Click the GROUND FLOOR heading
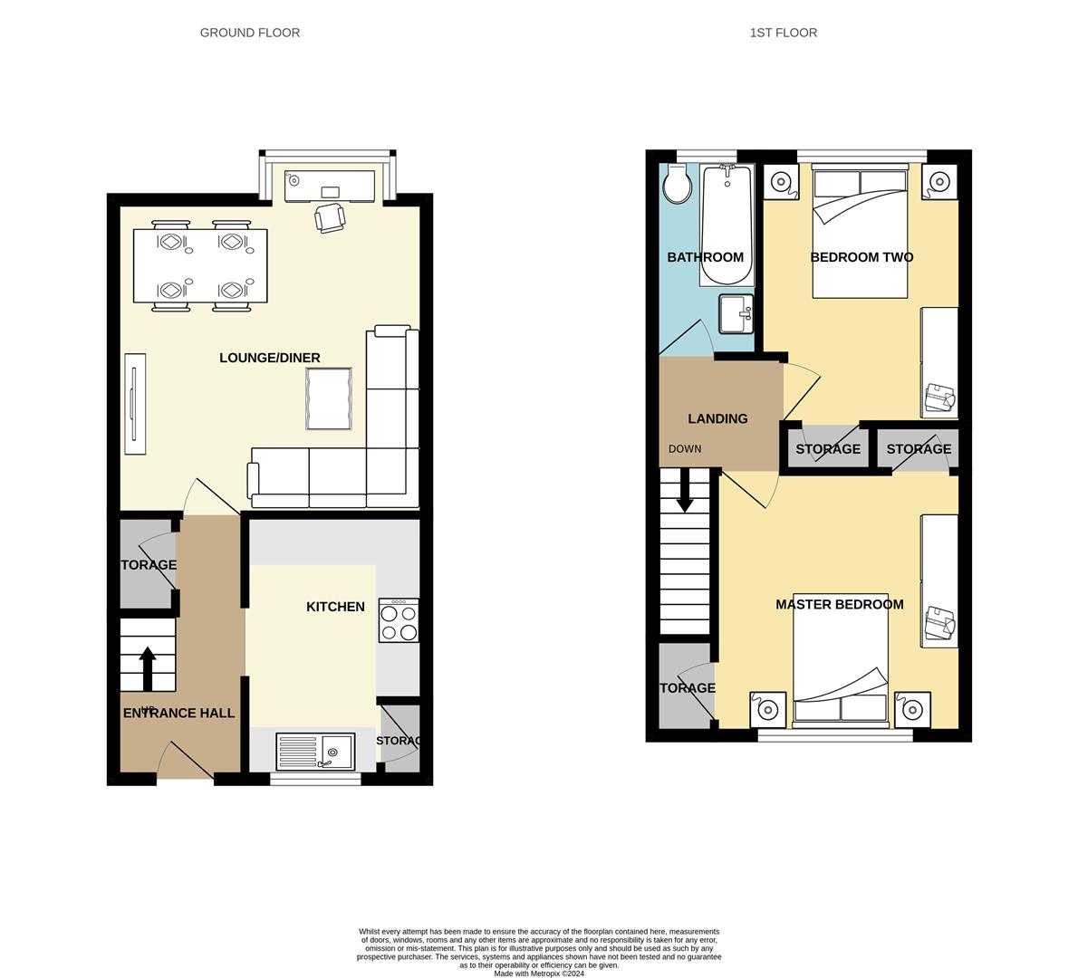tap(249, 33)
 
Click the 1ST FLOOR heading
tap(783, 33)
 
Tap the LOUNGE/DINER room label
tap(269, 358)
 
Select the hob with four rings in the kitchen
tap(399, 621)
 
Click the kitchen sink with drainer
tap(314, 752)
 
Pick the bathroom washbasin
tap(735, 313)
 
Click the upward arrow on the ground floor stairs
tap(147, 668)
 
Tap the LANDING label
tap(717, 418)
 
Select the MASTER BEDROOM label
tap(839, 604)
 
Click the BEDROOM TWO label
tap(861, 257)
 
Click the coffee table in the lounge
tap(328, 398)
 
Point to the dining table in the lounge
tap(200, 265)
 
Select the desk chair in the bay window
tap(330, 217)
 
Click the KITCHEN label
tap(335, 607)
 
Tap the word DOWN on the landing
tap(684, 449)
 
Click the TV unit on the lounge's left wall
tap(135, 404)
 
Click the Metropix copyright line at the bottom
tap(539, 973)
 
